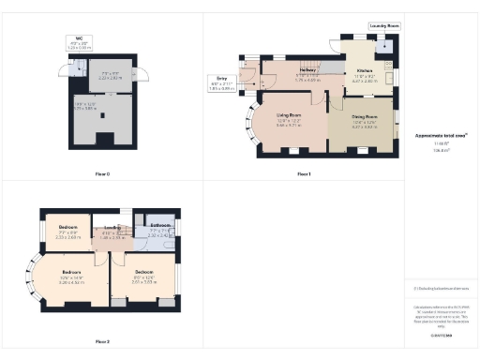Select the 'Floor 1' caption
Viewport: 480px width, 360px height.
(304, 174)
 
